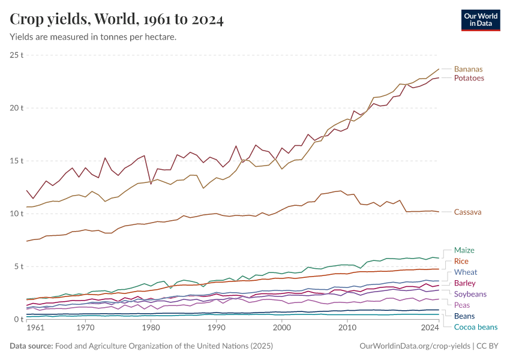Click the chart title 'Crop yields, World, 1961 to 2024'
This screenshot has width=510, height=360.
[x=117, y=20]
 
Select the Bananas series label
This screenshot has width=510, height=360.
[x=468, y=69]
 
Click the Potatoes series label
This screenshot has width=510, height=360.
[x=469, y=78]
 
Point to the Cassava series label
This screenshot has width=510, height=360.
[x=467, y=212]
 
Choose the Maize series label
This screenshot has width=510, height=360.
[x=464, y=250]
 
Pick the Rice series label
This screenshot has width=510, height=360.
[x=461, y=261]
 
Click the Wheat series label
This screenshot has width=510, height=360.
[x=466, y=272]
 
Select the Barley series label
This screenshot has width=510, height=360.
[x=466, y=283]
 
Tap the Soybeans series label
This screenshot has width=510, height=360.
[x=470, y=294]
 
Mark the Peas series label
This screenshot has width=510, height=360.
[x=462, y=305]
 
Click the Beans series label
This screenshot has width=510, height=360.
[x=464, y=316]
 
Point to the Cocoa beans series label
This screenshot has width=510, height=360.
[x=476, y=327]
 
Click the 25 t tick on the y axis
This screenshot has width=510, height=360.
[x=16, y=55]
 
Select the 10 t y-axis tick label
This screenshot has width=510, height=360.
[x=16, y=214]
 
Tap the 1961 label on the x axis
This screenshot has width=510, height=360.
[x=35, y=328]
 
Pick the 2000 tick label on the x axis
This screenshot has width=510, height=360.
[x=281, y=328]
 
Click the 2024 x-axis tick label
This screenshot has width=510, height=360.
[x=430, y=328]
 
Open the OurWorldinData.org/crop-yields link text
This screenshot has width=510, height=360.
[x=415, y=346]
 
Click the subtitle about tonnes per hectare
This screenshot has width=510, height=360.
[x=93, y=37]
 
